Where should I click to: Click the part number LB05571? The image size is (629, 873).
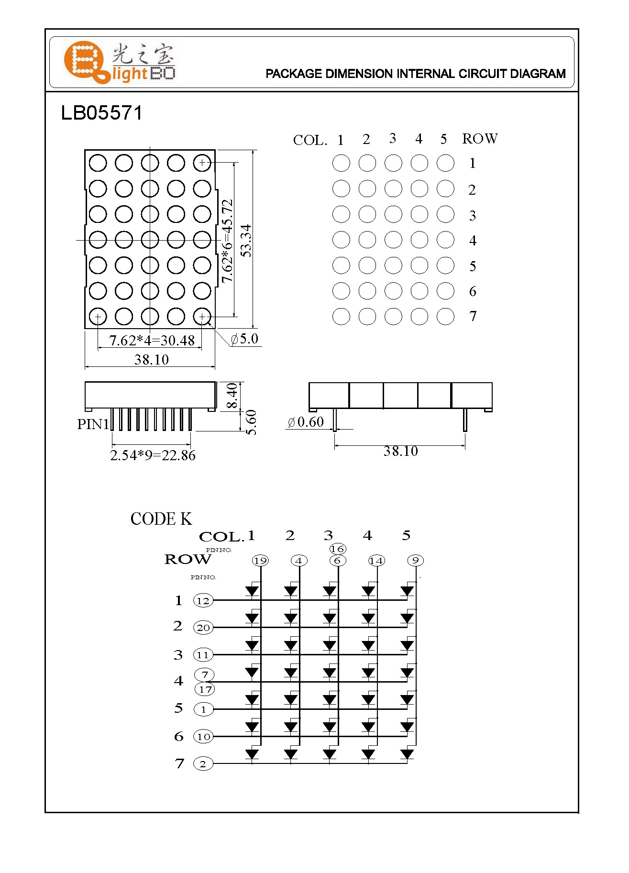point(101,113)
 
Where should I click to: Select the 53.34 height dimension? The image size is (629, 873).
point(246,241)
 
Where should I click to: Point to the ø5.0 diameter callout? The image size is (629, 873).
point(245,339)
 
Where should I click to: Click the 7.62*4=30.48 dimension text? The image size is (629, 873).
point(152,341)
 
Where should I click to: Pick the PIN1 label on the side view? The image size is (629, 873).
point(93,424)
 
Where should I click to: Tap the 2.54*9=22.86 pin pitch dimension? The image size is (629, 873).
point(153,455)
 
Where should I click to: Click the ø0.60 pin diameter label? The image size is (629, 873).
point(306,422)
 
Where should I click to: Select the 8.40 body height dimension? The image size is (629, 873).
point(232,395)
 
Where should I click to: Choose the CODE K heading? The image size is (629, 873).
point(161,519)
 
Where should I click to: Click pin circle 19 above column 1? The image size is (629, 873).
point(260,561)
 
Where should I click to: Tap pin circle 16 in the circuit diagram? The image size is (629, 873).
point(337,549)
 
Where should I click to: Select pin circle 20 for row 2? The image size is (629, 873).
point(203,628)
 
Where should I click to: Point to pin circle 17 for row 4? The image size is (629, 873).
point(205,689)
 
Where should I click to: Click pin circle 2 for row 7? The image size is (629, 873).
point(203,764)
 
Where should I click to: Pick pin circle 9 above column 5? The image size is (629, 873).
point(415,560)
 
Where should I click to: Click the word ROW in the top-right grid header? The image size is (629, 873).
point(480,139)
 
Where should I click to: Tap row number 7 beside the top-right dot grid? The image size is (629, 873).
point(473,316)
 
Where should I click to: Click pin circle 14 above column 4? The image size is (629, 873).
point(376,561)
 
